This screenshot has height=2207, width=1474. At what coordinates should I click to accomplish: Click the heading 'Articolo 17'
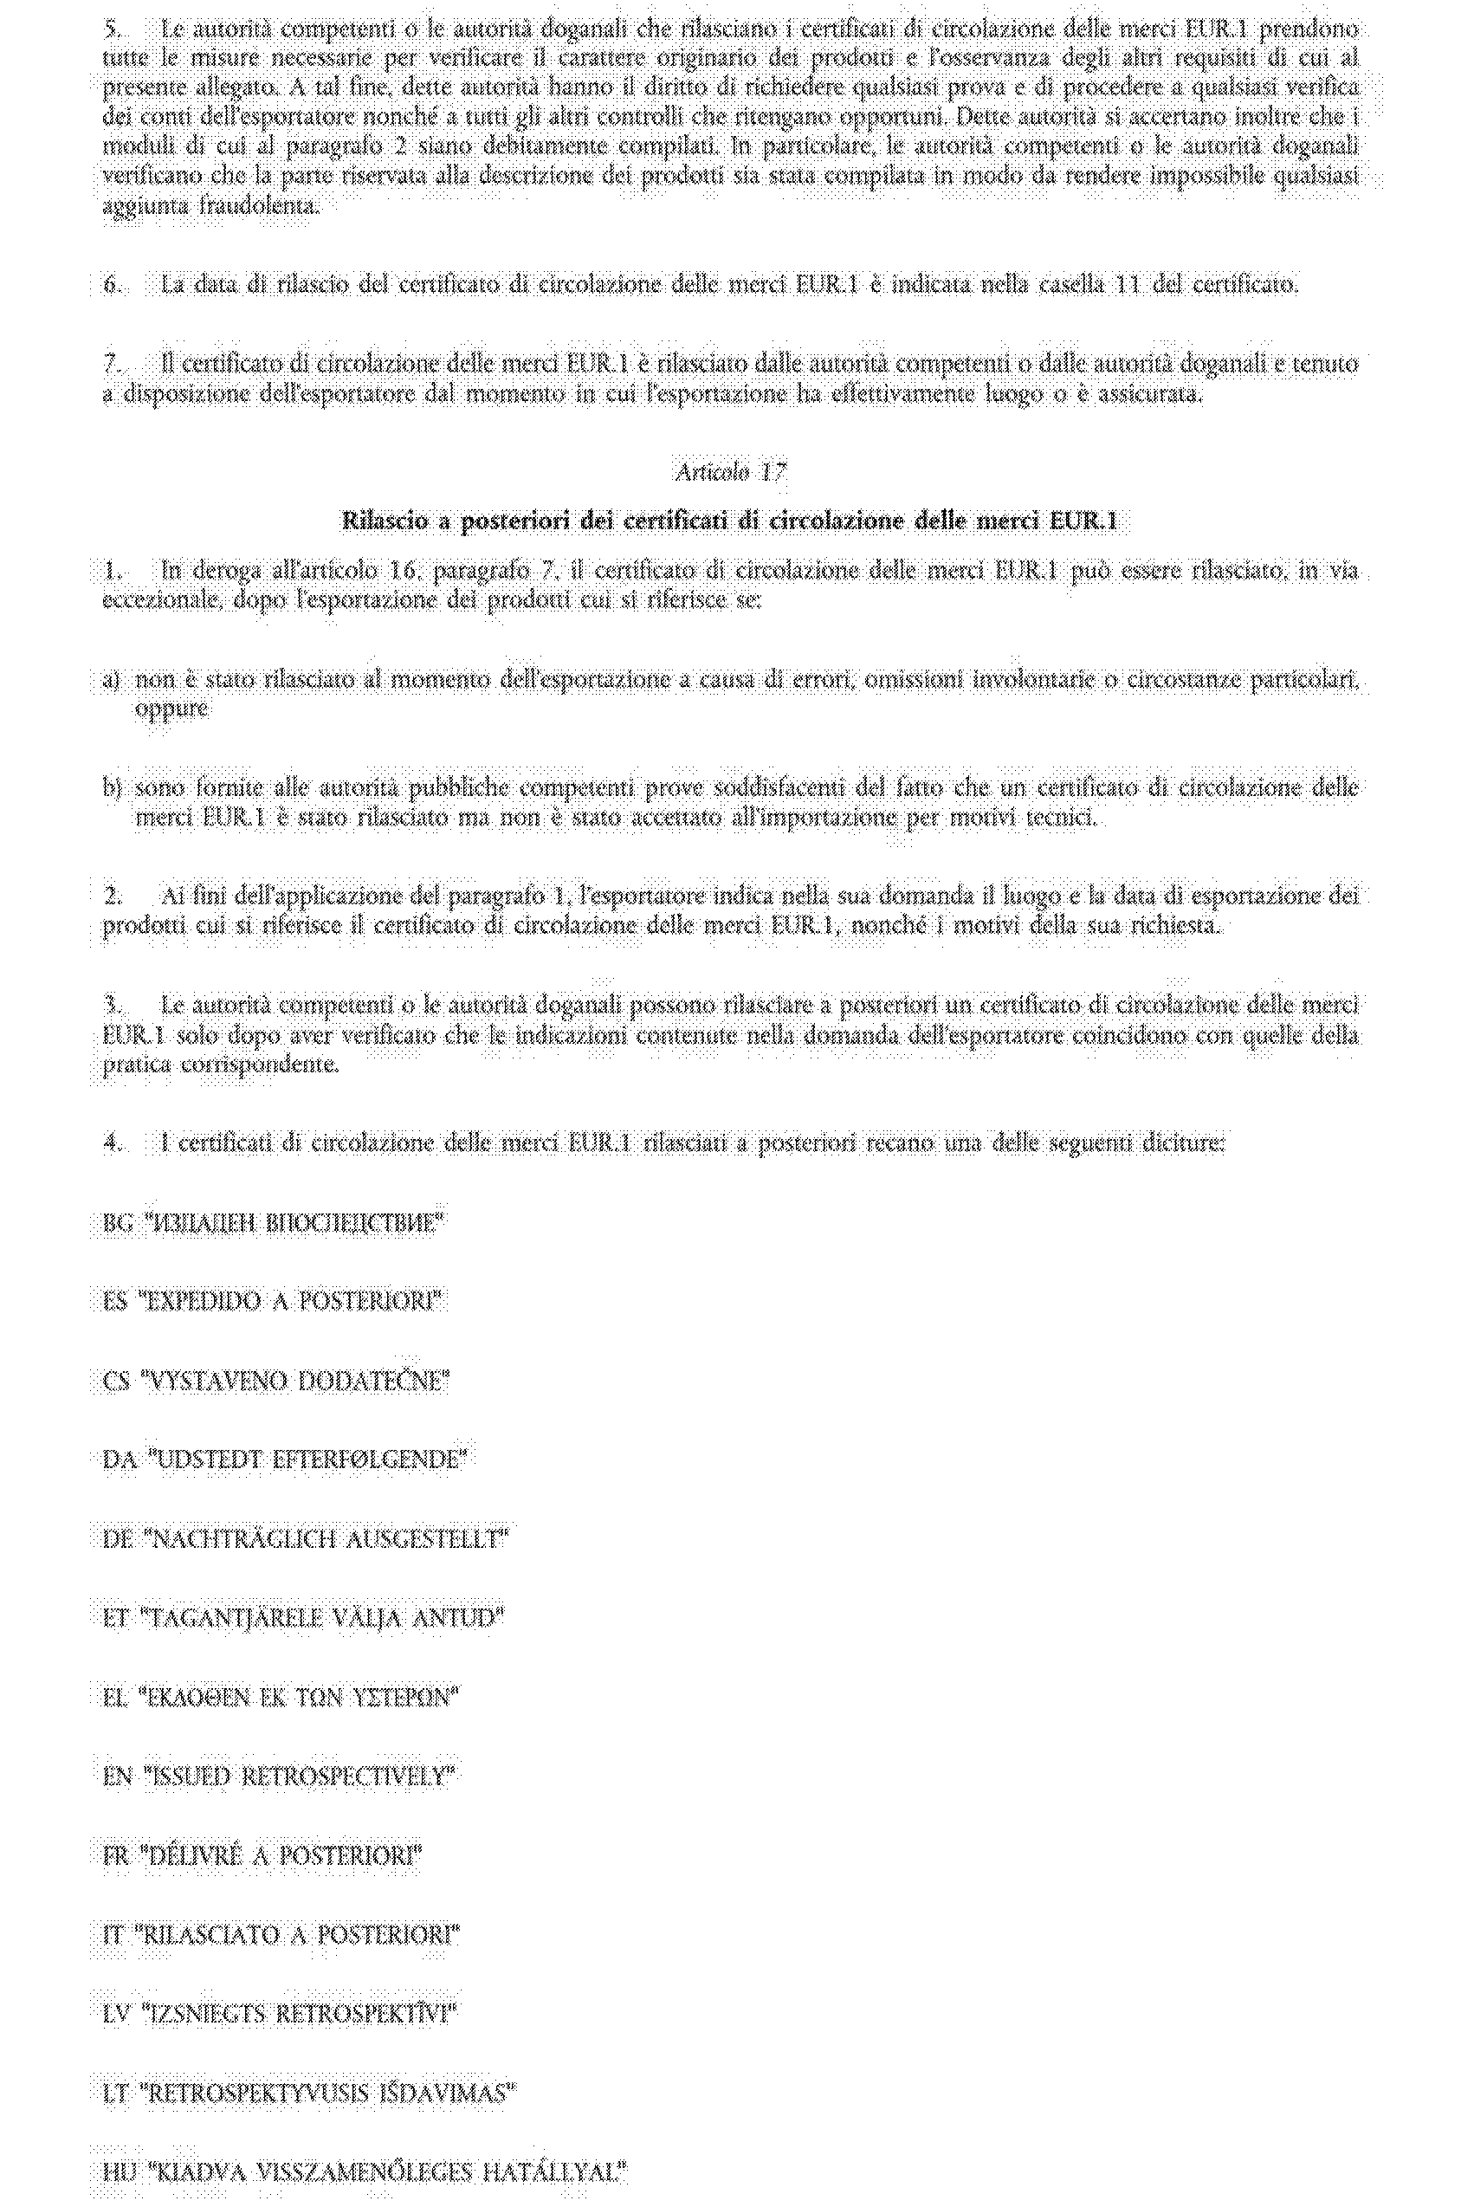pyautogui.click(x=730, y=471)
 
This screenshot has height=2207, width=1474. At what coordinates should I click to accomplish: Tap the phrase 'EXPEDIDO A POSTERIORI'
pyautogui.click(x=291, y=1302)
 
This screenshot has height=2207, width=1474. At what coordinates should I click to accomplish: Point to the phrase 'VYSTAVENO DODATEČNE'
pyautogui.click(x=294, y=1381)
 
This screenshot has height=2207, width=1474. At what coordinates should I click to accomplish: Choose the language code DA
pyautogui.click(x=118, y=1459)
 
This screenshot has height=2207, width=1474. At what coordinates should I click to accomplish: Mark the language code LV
pyautogui.click(x=116, y=2013)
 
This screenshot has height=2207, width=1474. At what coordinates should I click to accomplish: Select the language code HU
pyautogui.click(x=118, y=2171)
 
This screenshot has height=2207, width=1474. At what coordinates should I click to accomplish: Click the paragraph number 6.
pyautogui.click(x=112, y=284)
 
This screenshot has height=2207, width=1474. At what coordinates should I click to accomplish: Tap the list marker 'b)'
pyautogui.click(x=111, y=787)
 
